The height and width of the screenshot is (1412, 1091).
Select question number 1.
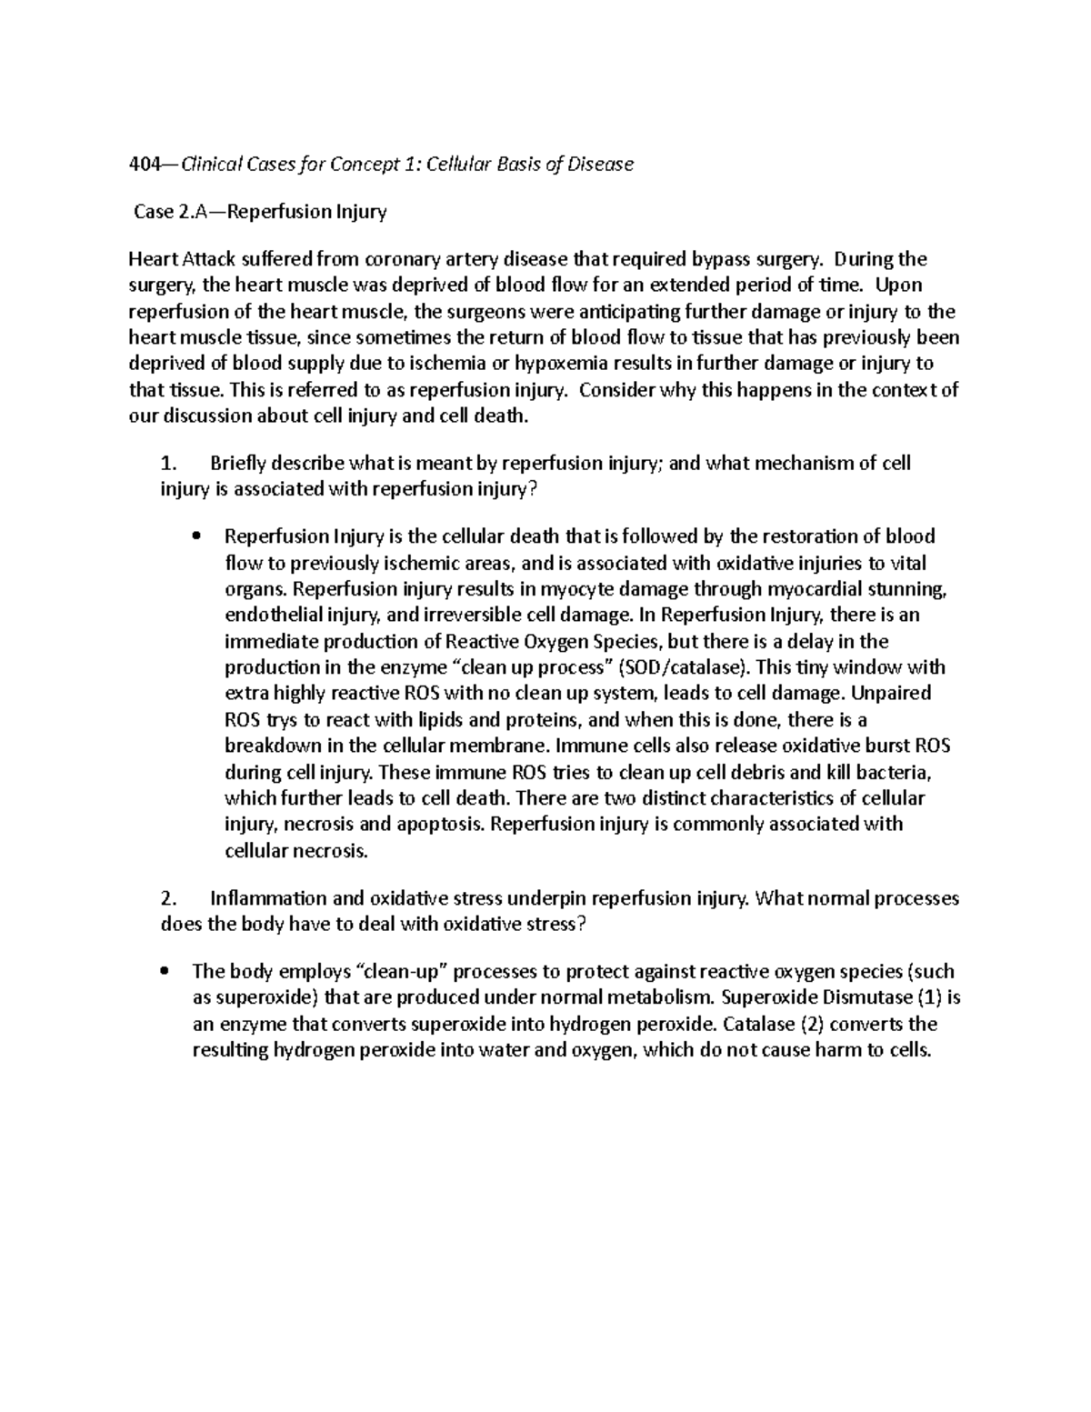(166, 464)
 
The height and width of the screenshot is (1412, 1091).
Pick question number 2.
(166, 899)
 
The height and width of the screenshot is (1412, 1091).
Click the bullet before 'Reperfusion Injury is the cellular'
(197, 537)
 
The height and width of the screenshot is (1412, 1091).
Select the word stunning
(912, 588)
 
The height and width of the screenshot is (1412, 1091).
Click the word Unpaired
(892, 693)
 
